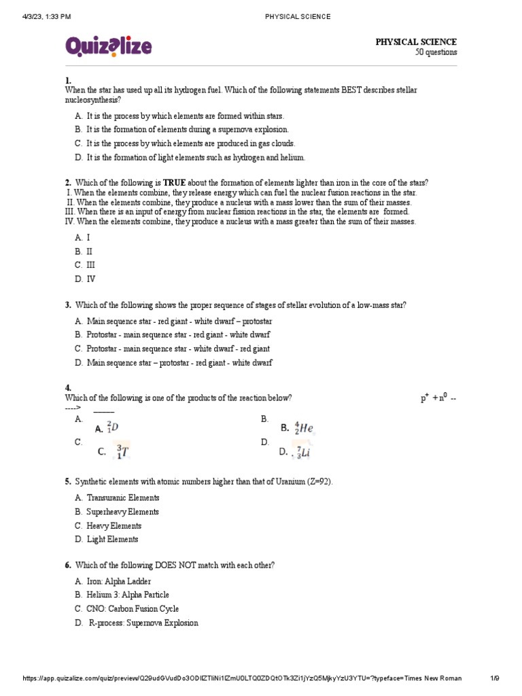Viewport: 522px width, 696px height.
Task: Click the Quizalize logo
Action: (x=109, y=46)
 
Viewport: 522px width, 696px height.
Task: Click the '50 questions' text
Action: (x=436, y=52)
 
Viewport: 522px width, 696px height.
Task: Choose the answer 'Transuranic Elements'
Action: (x=123, y=498)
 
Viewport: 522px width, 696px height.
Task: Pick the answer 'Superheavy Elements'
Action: (x=122, y=512)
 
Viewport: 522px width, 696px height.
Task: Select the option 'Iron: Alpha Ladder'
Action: (x=119, y=581)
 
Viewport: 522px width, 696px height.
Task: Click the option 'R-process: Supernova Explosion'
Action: (x=143, y=623)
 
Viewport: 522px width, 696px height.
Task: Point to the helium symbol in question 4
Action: (x=303, y=429)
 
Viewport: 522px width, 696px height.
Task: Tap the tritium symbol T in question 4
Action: (x=121, y=451)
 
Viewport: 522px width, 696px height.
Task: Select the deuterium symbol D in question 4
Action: (x=113, y=428)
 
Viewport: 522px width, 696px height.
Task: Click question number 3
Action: (x=68, y=306)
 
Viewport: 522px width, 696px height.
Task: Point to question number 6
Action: (x=68, y=565)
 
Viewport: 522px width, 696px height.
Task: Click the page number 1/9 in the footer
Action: (x=495, y=678)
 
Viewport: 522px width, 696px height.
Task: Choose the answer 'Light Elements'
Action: (x=112, y=540)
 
